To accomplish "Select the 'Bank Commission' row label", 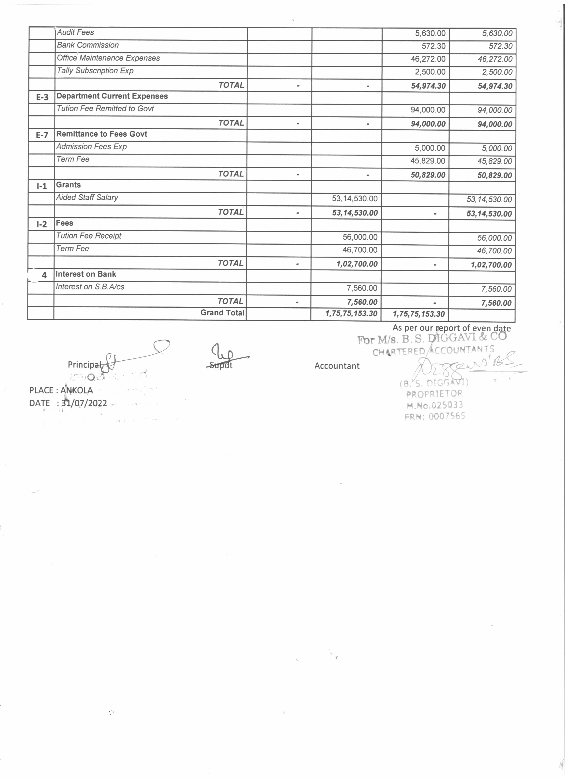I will [x=88, y=45].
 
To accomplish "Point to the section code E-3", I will [x=42, y=97].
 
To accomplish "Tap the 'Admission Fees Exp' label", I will [x=92, y=147].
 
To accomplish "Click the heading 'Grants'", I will [x=68, y=185].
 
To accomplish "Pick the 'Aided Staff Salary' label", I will [x=87, y=198].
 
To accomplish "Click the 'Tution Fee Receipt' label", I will [x=89, y=236].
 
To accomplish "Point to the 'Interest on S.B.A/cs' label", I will [x=90, y=287].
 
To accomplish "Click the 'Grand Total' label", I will [x=222, y=313].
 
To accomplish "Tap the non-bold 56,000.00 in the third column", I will [x=360, y=237].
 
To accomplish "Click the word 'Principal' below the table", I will [x=84, y=365].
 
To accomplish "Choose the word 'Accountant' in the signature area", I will [x=337, y=366].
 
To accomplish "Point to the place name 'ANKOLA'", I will [x=77, y=390].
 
